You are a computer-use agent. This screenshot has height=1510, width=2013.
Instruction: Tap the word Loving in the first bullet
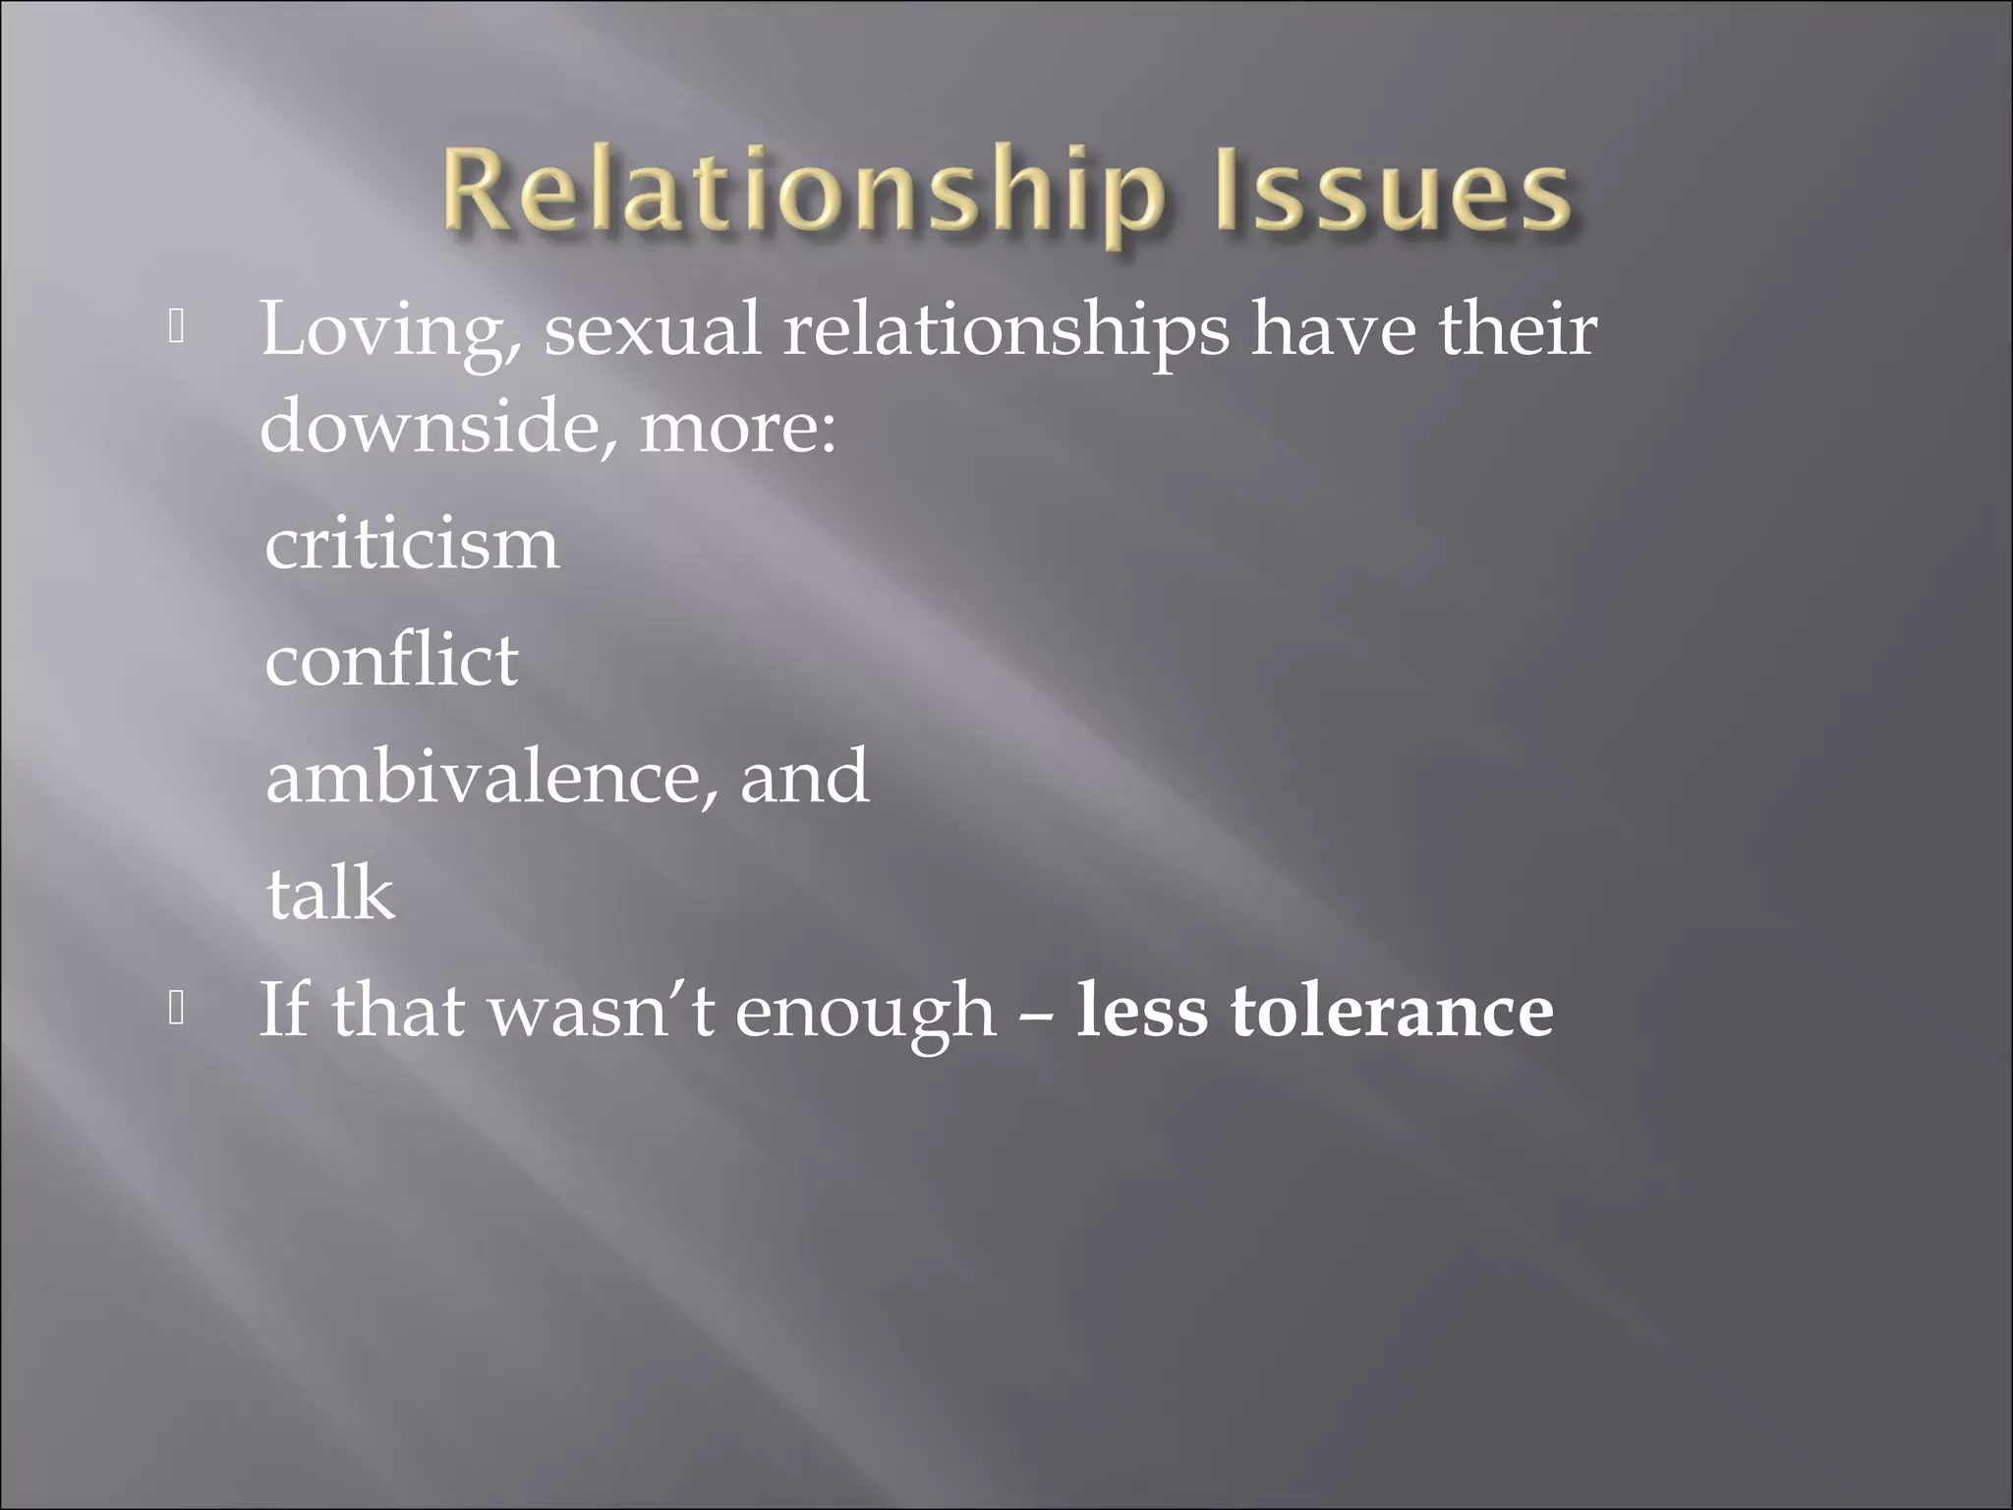pyautogui.click(x=381, y=331)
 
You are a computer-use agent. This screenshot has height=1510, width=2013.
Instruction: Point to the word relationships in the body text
pyautogui.click(x=1006, y=331)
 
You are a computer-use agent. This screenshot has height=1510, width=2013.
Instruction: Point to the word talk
pyautogui.click(x=330, y=893)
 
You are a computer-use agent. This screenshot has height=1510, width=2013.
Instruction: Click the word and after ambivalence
pyautogui.click(x=804, y=777)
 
